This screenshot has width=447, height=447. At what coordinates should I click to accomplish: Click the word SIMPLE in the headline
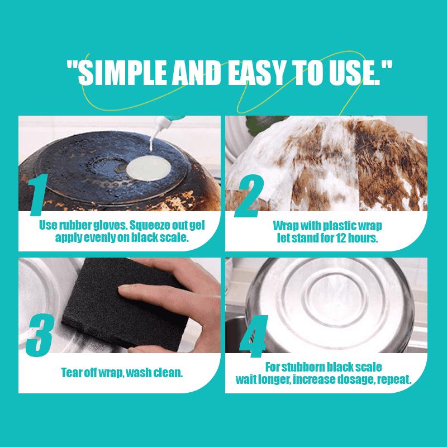click(x=122, y=73)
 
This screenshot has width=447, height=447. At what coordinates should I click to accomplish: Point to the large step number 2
click(x=249, y=196)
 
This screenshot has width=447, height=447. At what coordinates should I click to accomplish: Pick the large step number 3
click(x=40, y=335)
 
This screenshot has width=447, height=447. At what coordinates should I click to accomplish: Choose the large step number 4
click(x=254, y=336)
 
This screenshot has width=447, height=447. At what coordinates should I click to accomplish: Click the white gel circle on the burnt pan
click(x=149, y=168)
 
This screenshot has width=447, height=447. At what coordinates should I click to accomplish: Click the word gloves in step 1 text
click(x=110, y=226)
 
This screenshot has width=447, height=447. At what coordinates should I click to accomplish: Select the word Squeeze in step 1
click(x=147, y=226)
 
